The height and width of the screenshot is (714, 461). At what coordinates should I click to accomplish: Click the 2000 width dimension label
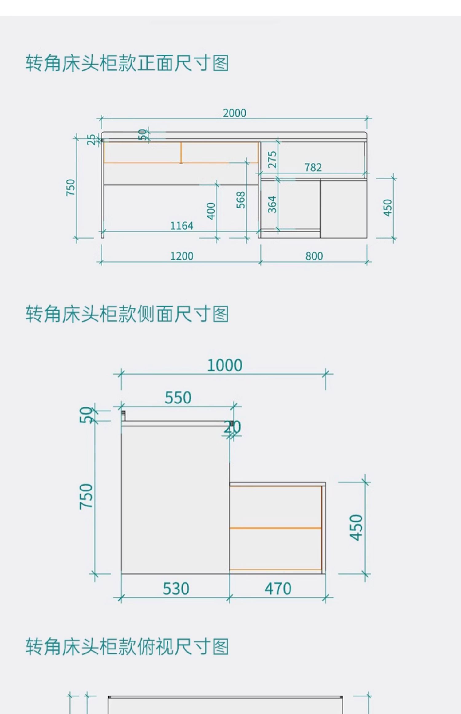[x=234, y=113]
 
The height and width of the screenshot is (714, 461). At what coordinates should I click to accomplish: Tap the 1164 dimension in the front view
[x=182, y=226]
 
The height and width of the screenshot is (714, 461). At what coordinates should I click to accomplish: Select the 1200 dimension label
[x=182, y=256]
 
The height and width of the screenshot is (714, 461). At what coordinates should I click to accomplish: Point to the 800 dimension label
[x=314, y=256]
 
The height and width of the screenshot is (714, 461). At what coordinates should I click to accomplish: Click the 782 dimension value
[x=313, y=167]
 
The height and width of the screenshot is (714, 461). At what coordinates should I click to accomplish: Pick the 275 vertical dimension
[x=272, y=159]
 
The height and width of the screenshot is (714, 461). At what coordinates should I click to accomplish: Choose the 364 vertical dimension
[x=272, y=204]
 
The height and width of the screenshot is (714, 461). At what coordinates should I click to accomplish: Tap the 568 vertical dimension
[x=241, y=200]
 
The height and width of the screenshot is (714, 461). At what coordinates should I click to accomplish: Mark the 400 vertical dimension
[x=211, y=211]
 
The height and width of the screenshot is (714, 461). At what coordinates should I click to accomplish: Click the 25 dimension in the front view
[x=91, y=140]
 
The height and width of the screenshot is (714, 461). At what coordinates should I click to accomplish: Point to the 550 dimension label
[x=178, y=398]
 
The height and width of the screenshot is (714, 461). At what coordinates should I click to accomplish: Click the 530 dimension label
[x=175, y=589]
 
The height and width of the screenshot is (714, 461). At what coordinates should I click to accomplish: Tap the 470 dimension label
[x=278, y=589]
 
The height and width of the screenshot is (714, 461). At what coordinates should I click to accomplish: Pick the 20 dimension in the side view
[x=232, y=427]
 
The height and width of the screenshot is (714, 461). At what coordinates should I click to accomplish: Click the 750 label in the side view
[x=86, y=496]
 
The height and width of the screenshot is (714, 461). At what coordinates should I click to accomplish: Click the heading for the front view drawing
[x=127, y=63]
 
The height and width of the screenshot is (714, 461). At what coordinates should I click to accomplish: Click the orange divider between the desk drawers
[x=181, y=152]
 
